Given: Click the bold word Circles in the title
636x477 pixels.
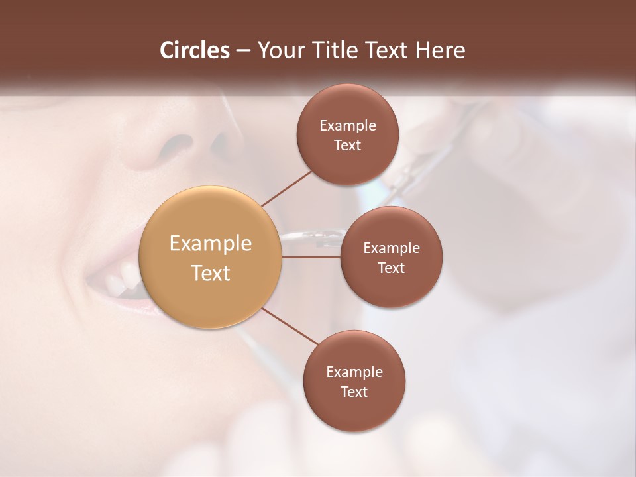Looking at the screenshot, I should click(x=195, y=50).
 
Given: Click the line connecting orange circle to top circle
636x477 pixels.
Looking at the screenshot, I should click(x=287, y=187).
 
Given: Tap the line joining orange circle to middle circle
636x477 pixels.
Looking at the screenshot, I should click(x=311, y=257).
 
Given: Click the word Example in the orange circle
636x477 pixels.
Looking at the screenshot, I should click(x=211, y=244).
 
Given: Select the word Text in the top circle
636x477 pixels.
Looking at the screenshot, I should click(x=347, y=146).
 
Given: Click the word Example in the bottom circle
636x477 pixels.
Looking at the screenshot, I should click(x=354, y=372).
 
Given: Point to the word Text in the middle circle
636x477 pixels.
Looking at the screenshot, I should click(x=391, y=268).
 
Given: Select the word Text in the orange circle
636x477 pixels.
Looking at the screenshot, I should click(x=211, y=273).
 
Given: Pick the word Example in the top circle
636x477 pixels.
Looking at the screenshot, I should click(x=347, y=126).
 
